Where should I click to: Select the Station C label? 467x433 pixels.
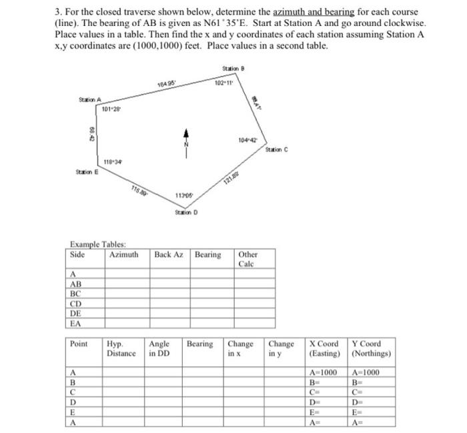click(x=276, y=149)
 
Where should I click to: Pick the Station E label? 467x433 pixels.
click(x=88, y=171)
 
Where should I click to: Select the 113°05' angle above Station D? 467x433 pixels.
click(x=185, y=195)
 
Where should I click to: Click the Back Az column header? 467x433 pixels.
click(x=169, y=255)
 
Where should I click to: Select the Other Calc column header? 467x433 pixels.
click(x=248, y=259)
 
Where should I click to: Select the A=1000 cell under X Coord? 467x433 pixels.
click(x=324, y=371)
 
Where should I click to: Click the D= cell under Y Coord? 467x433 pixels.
click(x=359, y=402)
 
